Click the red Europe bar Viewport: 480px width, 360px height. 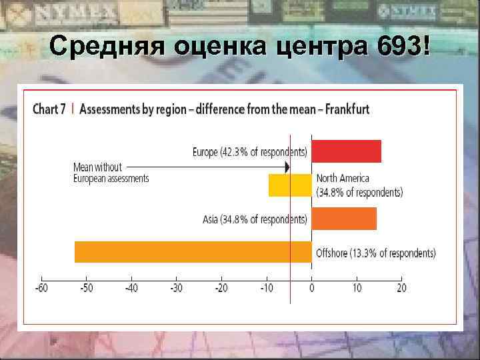(x=346, y=151)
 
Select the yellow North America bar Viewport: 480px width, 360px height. (x=290, y=185)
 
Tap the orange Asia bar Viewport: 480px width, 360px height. (x=344, y=219)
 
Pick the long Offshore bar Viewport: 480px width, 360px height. (x=193, y=252)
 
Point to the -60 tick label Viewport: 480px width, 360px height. (x=41, y=288)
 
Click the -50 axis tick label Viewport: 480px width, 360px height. (x=86, y=288)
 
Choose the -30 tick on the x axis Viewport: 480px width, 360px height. (x=176, y=288)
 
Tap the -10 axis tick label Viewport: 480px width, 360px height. (x=265, y=288)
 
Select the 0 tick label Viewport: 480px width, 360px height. (x=311, y=288)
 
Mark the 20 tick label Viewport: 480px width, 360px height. (x=401, y=288)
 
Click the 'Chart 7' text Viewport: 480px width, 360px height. (x=49, y=109)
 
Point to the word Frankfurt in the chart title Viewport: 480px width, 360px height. (x=345, y=109)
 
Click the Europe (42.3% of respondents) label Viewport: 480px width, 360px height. (x=250, y=152)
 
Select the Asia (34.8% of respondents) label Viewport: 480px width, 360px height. (x=255, y=219)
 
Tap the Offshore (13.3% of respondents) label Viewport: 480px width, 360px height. (x=375, y=253)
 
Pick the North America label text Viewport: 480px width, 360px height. (x=343, y=179)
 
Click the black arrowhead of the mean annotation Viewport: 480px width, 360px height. (x=287, y=167)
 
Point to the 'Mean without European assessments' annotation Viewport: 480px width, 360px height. (x=111, y=173)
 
